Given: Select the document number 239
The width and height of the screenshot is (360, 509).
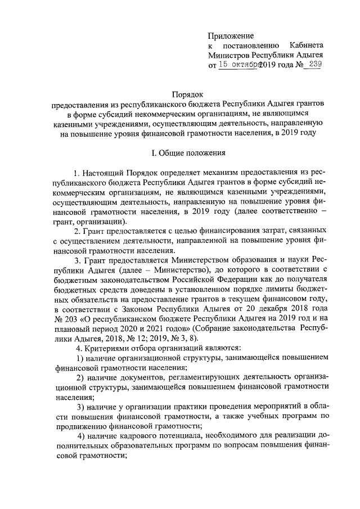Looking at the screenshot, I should [x=314, y=65].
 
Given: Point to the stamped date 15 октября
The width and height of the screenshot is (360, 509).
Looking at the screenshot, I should [x=240, y=65].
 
